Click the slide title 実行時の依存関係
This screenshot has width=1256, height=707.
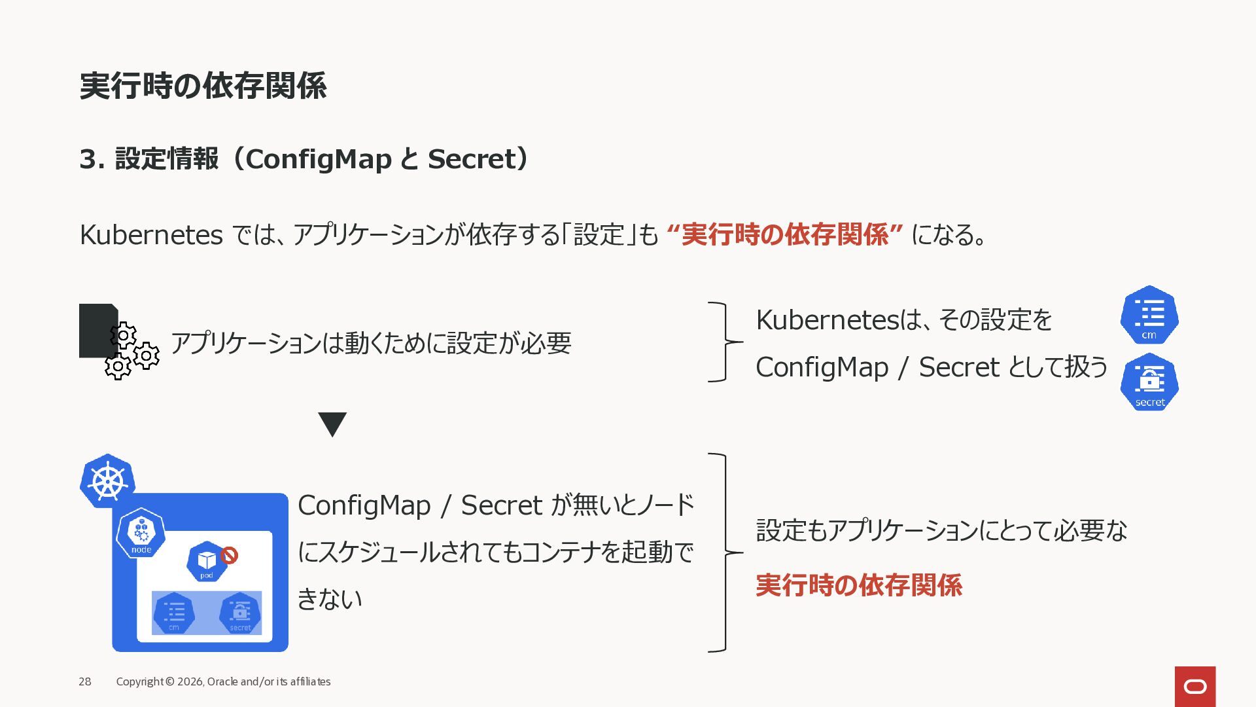203,86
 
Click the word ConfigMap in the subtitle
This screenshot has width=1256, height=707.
318,159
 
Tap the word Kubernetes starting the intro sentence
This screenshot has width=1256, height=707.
151,234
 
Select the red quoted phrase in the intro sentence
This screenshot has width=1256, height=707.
784,234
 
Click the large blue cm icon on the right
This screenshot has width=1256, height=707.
1149,315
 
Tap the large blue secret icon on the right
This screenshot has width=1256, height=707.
1149,382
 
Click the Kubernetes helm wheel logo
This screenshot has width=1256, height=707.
107,481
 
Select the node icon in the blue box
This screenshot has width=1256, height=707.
141,532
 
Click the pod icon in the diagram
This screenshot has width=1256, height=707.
207,562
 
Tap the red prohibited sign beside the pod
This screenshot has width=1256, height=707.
229,556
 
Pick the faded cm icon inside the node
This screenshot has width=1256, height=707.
174,613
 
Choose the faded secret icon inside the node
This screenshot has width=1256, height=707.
240,613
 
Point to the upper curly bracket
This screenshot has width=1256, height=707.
725,342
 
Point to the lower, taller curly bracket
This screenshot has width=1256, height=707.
725,553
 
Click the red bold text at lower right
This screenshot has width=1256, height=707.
859,585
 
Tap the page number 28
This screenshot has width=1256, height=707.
85,681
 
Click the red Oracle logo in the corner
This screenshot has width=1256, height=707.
1195,686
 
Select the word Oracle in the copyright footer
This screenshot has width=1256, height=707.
222,681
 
